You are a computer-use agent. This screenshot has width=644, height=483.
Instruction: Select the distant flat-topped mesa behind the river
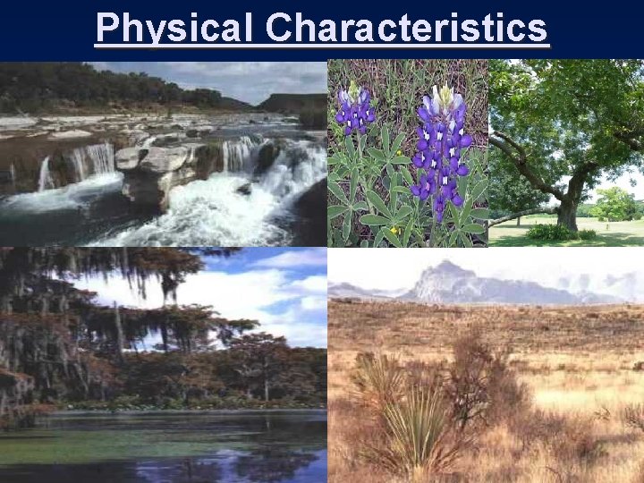[291, 101]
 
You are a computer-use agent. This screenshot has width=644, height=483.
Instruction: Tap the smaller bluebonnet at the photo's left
[355, 112]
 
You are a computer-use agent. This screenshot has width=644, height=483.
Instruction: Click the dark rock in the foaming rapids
[243, 189]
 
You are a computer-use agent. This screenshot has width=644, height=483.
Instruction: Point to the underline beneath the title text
[322, 45]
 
